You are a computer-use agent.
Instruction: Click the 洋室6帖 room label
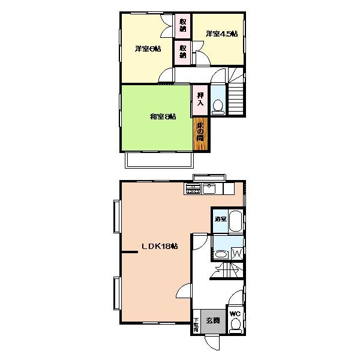(148, 49)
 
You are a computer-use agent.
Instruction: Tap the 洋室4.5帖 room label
(221, 34)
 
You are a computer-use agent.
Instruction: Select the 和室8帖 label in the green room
(163, 116)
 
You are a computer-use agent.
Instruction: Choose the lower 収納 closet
(182, 52)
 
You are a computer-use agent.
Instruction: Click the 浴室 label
(220, 219)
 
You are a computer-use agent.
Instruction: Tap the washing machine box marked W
(236, 254)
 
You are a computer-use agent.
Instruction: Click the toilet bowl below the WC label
(235, 325)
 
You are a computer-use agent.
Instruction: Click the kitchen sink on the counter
(210, 190)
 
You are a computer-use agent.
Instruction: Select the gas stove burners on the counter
(193, 190)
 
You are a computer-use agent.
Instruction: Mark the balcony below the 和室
(158, 160)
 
